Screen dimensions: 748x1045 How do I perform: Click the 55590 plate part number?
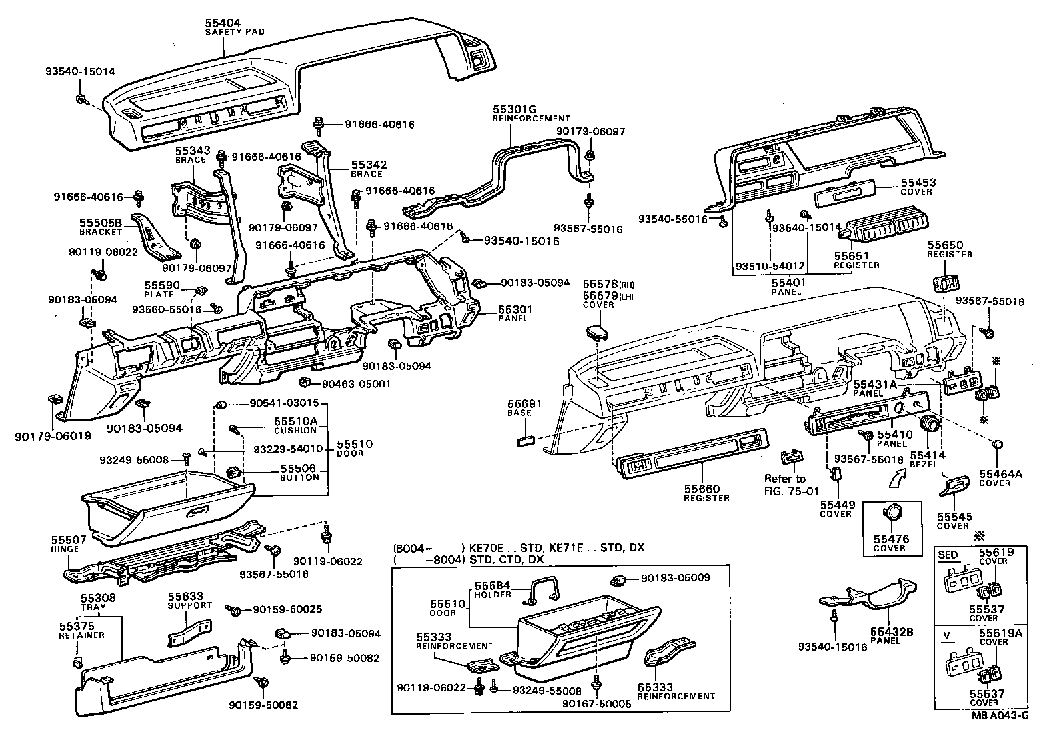coord(159,285)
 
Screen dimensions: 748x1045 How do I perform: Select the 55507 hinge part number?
coord(65,540)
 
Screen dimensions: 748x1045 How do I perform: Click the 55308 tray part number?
coord(98,598)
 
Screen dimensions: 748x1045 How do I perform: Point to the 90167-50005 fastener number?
coord(596,703)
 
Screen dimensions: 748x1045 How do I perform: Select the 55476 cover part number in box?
coord(891,539)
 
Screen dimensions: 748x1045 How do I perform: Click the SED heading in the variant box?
coord(948,555)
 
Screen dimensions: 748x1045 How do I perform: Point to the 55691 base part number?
coord(524,403)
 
